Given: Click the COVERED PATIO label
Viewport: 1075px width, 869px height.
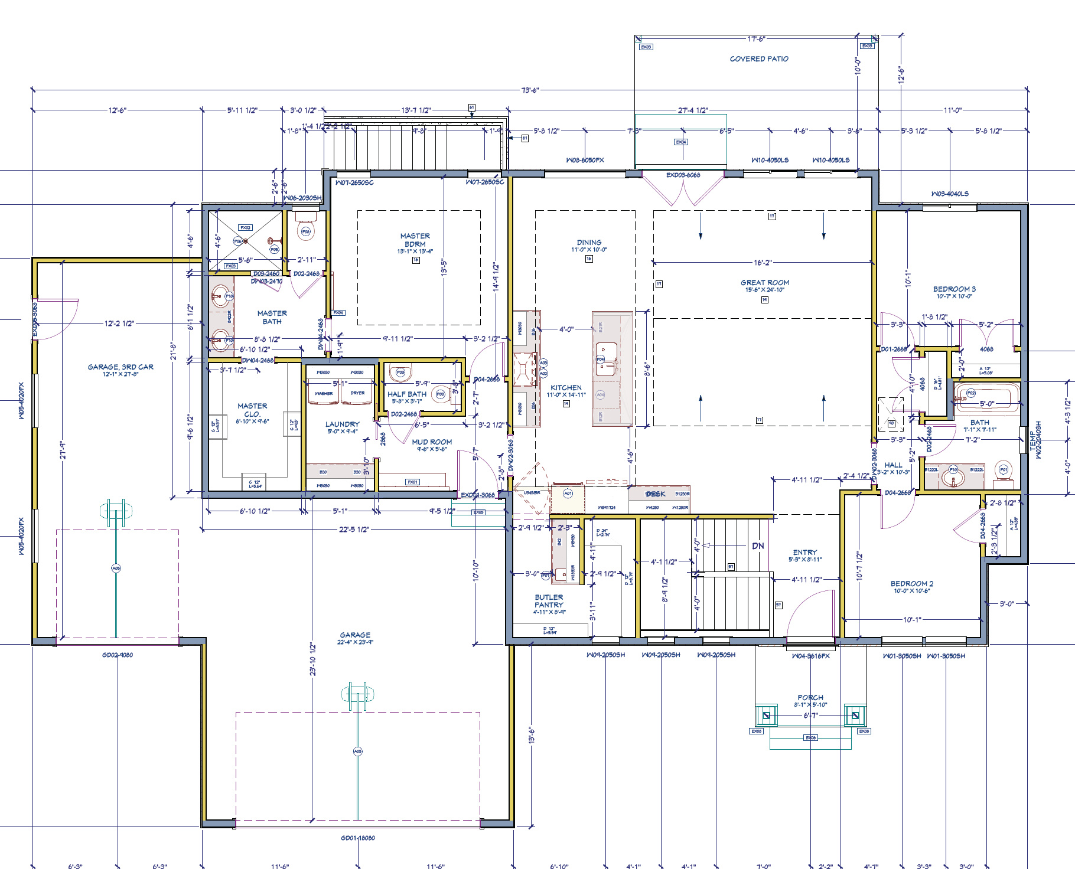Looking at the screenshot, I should (759, 59).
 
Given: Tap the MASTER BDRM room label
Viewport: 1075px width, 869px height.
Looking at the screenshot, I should (415, 240).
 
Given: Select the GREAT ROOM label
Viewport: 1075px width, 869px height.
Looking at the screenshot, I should (765, 283).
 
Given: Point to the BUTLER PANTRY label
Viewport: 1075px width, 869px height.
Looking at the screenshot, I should (549, 601).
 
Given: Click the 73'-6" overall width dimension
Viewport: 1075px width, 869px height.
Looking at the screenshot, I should (530, 90).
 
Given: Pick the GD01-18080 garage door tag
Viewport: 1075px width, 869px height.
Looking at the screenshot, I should (357, 838).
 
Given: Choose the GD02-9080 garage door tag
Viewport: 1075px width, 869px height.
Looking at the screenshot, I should (118, 655).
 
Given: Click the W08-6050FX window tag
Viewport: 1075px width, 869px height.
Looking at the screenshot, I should (585, 161).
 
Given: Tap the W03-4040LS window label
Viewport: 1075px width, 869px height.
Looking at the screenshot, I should (950, 194).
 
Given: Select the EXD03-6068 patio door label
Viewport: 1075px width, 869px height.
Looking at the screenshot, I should (683, 175).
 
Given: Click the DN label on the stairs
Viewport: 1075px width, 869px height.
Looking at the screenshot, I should (758, 546).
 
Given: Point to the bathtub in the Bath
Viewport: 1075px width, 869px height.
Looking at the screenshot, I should (987, 397).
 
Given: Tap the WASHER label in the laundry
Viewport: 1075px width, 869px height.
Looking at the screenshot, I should (324, 393).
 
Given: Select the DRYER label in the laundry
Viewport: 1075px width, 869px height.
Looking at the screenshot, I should (357, 393).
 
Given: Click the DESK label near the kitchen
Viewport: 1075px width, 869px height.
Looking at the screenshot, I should (655, 494).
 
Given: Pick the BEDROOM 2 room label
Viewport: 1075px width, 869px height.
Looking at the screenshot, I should (912, 584).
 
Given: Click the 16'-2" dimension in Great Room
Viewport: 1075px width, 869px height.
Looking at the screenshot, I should (763, 262).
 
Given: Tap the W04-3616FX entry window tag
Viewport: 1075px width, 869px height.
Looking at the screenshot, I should (810, 656).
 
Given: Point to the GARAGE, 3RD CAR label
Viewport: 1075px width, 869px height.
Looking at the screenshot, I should (120, 367).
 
